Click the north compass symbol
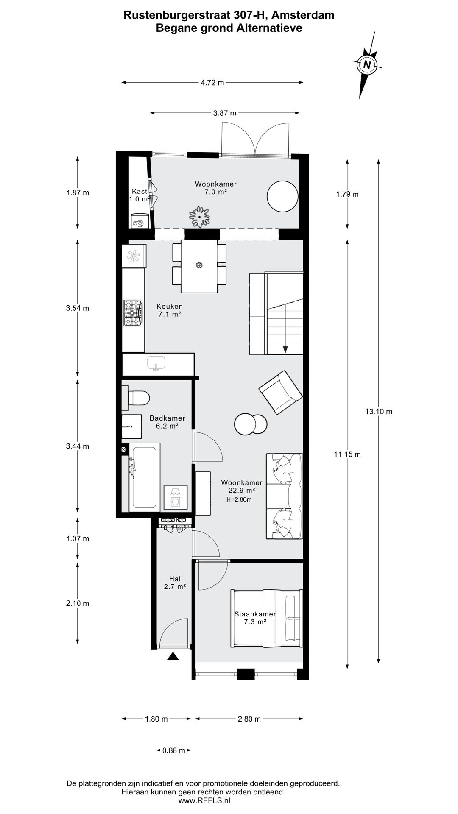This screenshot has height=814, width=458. tap(367, 65)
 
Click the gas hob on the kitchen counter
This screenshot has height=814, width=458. tap(133, 313)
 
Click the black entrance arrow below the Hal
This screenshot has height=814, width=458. tap(173, 656)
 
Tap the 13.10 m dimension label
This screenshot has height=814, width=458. tap(378, 411)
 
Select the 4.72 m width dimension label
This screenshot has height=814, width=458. tap(212, 83)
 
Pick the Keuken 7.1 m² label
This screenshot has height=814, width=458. tap(169, 310)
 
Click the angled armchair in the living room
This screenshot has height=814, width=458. tap(280, 392)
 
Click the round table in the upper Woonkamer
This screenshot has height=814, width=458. tap(282, 196)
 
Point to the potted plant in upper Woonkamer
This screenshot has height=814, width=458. tap(199, 217)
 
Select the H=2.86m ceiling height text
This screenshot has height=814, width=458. tap(239, 499)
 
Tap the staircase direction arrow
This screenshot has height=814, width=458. tap(285, 349)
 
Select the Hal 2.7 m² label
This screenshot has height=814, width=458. tap(175, 583)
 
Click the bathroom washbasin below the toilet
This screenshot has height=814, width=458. tap(131, 426)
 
